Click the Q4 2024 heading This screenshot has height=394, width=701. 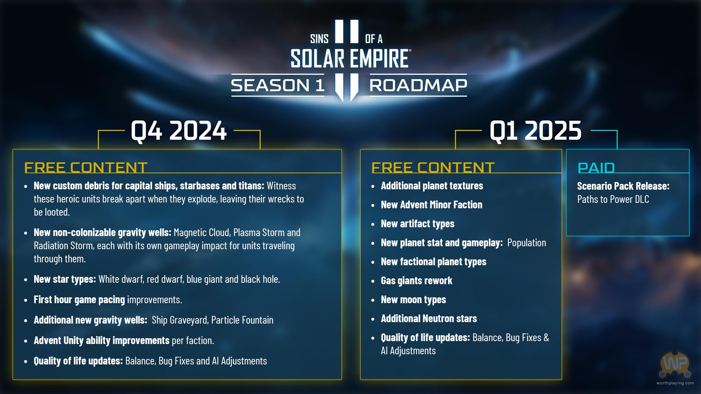(x=179, y=131)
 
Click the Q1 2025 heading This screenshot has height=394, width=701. (x=535, y=131)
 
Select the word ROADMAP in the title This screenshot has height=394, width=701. (x=418, y=85)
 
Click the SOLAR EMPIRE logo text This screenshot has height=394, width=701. (x=350, y=59)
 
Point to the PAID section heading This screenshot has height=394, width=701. (x=596, y=168)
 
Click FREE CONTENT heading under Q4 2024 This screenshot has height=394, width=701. (x=86, y=167)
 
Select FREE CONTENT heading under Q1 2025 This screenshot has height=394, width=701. (x=433, y=167)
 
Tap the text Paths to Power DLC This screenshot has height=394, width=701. (x=613, y=199)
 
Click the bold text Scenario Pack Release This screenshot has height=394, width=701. (x=623, y=186)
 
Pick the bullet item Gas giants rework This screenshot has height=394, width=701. (x=417, y=281)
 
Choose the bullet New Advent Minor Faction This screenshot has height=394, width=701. (x=432, y=205)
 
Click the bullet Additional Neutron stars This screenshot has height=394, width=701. (x=429, y=318)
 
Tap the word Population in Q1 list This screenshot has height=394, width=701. (x=527, y=243)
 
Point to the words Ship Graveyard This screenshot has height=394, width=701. (x=180, y=320)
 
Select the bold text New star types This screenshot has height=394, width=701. (x=65, y=279)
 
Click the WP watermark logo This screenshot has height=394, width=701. (x=675, y=364)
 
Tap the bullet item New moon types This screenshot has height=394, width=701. (x=413, y=300)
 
